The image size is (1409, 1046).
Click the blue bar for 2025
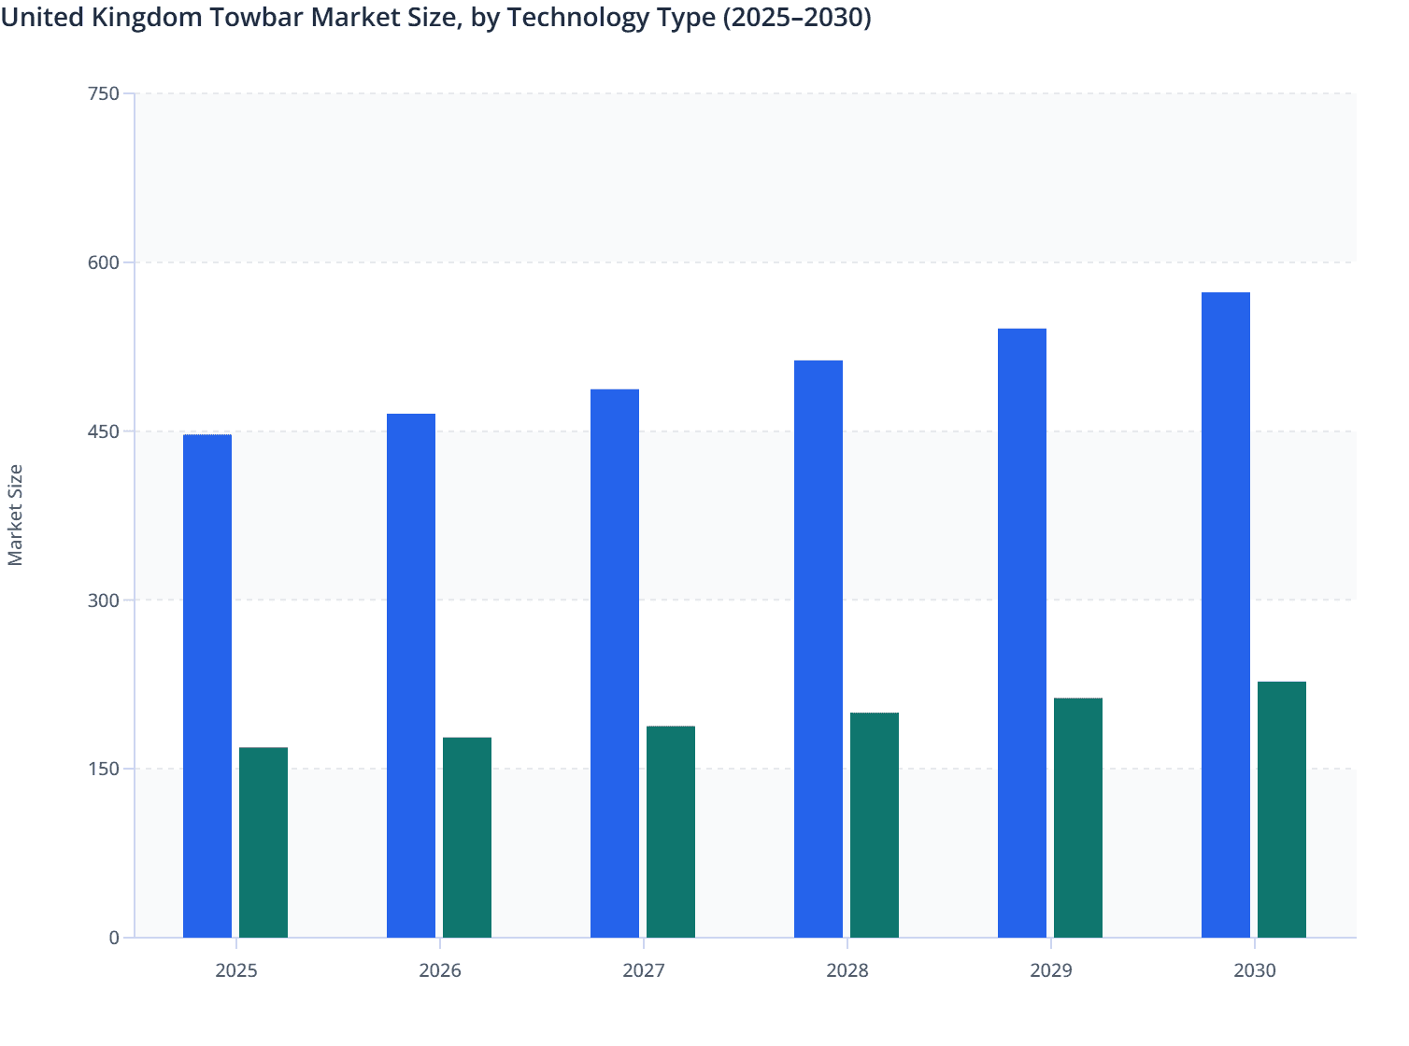tap(207, 686)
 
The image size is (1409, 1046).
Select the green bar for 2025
tap(263, 842)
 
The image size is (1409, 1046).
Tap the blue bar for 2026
tap(411, 676)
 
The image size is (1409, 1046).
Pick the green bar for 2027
tap(671, 832)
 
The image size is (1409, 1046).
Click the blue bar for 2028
tap(818, 649)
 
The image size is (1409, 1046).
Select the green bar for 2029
tap(1078, 818)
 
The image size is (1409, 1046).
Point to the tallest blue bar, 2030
tap(1226, 615)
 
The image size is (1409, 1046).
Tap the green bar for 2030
tap(1282, 810)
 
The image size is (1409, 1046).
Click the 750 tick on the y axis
tap(104, 93)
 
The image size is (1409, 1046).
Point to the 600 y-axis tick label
tap(104, 262)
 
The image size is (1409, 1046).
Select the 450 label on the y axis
tap(104, 431)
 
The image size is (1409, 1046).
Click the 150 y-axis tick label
tap(104, 769)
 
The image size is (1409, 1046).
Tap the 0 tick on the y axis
tap(114, 938)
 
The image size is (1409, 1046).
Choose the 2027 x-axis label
tap(644, 970)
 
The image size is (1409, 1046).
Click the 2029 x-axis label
tap(1051, 970)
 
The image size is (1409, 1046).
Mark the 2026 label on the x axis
tap(440, 970)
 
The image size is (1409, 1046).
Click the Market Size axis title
tap(15, 516)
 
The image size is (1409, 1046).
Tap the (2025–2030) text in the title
tap(797, 17)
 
